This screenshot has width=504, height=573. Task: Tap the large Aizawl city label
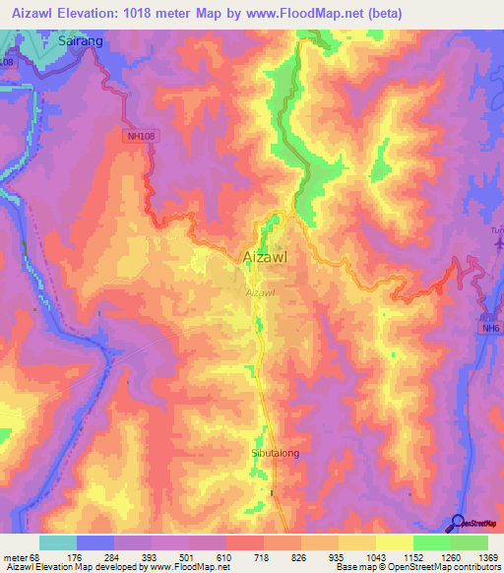tap(265, 258)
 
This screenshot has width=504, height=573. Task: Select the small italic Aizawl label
tap(258, 292)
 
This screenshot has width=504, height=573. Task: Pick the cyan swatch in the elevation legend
tap(58, 542)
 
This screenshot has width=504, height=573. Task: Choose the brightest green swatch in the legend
tap(432, 542)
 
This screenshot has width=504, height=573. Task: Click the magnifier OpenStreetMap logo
tap(457, 523)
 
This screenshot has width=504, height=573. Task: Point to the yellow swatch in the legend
tap(395, 542)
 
